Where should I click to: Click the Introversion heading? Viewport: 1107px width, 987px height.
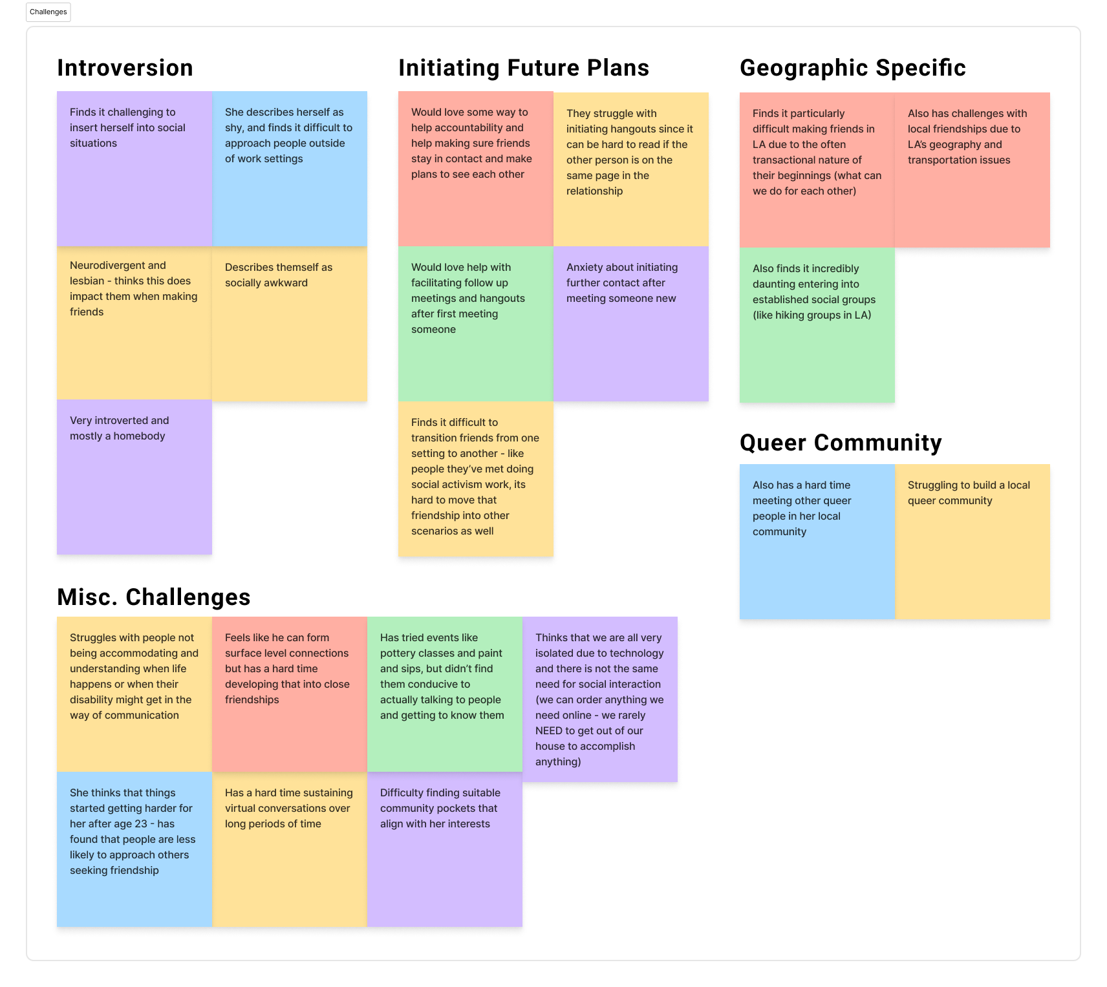(125, 68)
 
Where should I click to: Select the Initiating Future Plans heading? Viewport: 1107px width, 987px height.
(523, 68)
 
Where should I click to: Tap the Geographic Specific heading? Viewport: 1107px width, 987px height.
(852, 68)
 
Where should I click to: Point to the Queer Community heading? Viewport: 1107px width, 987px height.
(840, 443)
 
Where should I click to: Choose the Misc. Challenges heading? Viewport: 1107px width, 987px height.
(153, 597)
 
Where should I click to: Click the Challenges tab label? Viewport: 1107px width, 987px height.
(48, 12)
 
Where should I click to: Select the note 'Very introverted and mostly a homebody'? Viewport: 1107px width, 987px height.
(134, 477)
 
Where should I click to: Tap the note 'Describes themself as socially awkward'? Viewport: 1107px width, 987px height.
(289, 324)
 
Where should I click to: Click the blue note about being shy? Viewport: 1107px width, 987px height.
(289, 169)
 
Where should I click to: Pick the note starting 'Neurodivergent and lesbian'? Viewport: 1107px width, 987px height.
(134, 324)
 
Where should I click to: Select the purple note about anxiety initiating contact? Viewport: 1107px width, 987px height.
(630, 324)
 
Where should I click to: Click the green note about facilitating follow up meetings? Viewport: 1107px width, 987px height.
(475, 324)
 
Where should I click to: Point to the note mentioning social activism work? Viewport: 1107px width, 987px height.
(475, 479)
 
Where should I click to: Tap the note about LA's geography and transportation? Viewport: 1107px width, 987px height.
(972, 170)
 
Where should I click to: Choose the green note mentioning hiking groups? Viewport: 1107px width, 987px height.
(817, 325)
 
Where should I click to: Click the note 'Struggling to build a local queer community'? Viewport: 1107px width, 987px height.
(972, 542)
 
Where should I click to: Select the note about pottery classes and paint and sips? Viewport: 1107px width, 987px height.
(444, 694)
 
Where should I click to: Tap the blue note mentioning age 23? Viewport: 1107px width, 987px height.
(134, 849)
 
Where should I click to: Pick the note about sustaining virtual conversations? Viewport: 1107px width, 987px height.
(289, 849)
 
